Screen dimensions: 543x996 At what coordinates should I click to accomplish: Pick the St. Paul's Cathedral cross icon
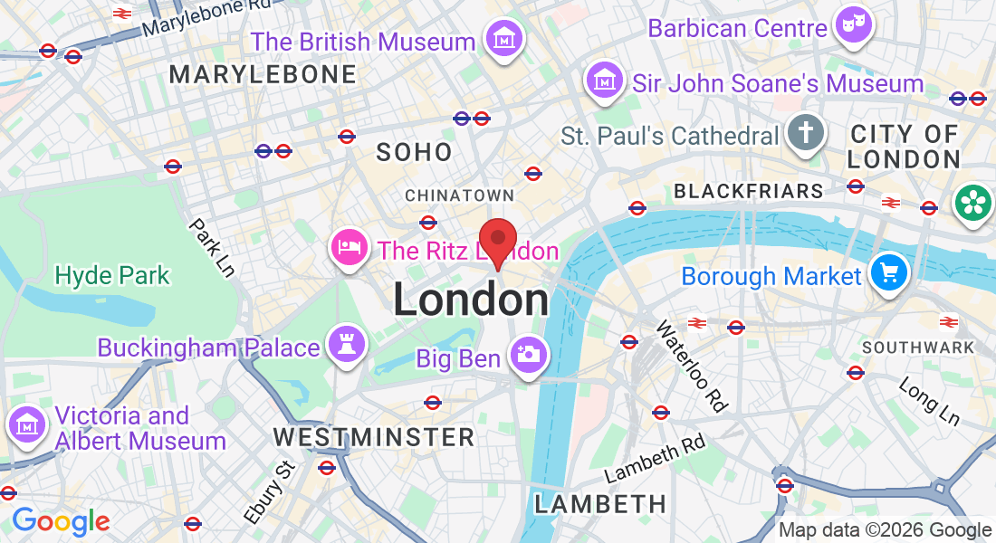click(x=804, y=133)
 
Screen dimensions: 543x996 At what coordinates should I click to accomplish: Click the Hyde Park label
click(x=112, y=275)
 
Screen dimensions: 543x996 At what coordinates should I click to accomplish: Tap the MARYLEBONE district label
click(x=263, y=74)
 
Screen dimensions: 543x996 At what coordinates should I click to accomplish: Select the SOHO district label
click(x=415, y=152)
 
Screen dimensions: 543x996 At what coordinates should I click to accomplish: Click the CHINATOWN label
click(x=459, y=195)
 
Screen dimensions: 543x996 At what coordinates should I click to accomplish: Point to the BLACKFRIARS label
click(x=749, y=191)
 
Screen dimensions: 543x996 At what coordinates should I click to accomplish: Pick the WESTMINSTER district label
click(x=374, y=437)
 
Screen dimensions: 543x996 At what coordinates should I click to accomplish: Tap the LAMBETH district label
click(x=599, y=504)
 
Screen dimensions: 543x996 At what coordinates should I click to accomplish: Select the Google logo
click(x=61, y=521)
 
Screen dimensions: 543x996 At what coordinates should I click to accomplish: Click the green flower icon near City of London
click(x=972, y=204)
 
